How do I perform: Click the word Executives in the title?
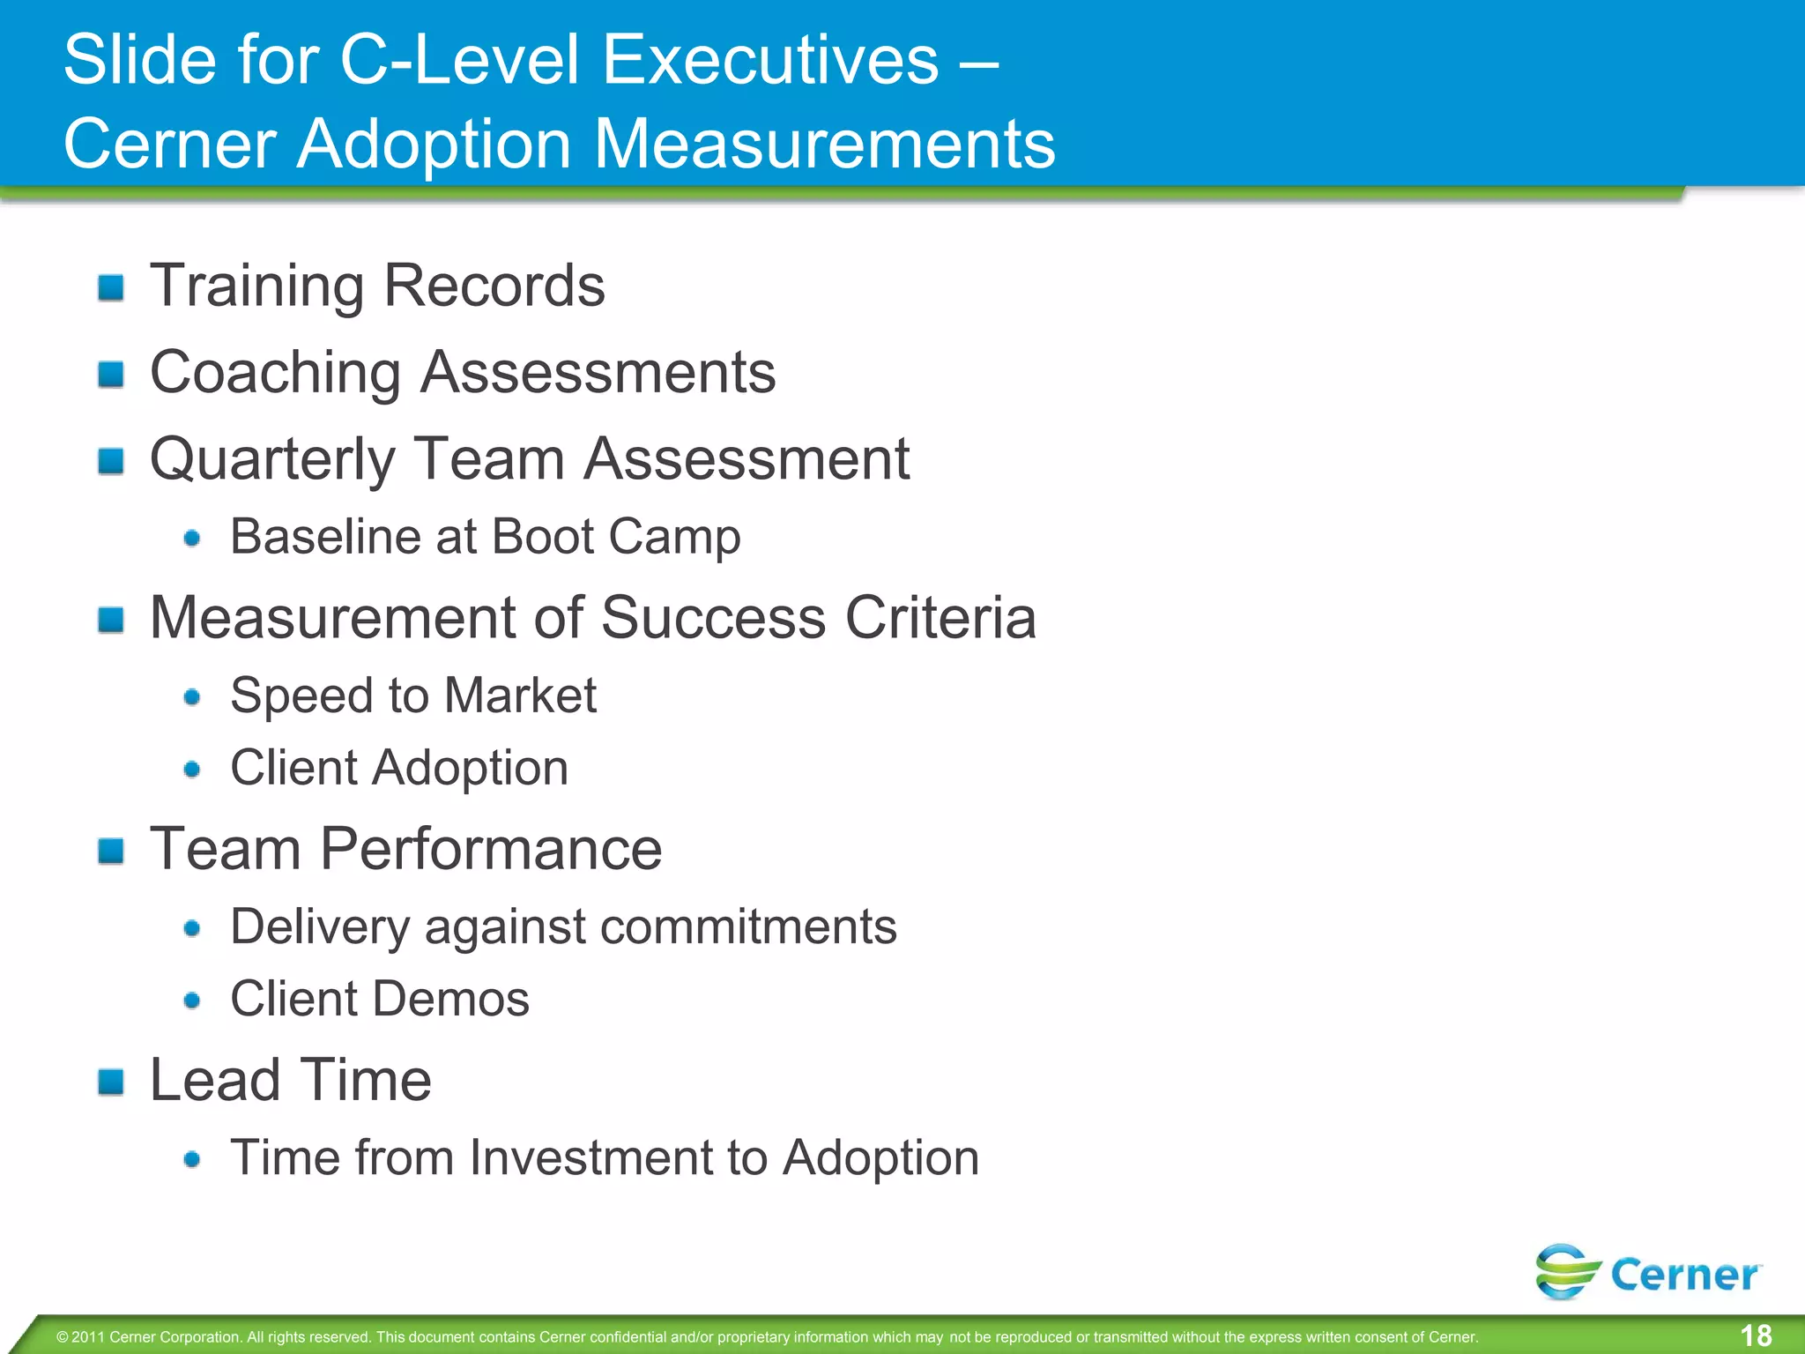(771, 60)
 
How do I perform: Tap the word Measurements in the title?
(825, 144)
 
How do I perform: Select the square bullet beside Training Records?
(111, 287)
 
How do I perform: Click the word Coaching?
(275, 373)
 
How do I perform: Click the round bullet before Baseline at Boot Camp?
(192, 538)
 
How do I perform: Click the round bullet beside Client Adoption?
(192, 770)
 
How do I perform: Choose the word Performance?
(490, 849)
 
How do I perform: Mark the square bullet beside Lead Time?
(111, 1082)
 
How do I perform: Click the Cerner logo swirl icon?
(1566, 1271)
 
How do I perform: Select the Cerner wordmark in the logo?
(1684, 1276)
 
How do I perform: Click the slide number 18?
(1756, 1335)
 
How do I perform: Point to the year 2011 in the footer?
(88, 1337)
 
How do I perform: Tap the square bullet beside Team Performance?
(111, 851)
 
